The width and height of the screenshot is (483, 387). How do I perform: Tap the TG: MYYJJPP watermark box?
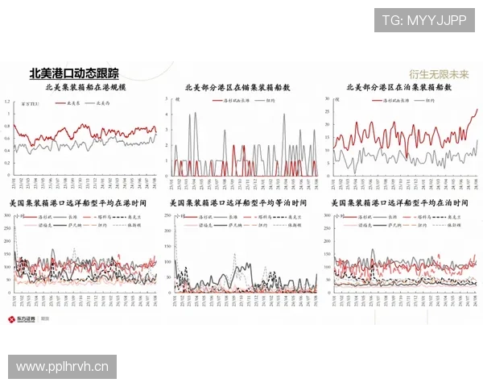pyautogui.click(x=423, y=19)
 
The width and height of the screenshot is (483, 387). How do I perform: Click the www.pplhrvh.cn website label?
pyautogui.click(x=64, y=367)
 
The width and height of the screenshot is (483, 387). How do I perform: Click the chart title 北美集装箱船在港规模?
pyautogui.click(x=86, y=86)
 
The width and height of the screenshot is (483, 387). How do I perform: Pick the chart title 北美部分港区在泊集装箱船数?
pyautogui.click(x=399, y=86)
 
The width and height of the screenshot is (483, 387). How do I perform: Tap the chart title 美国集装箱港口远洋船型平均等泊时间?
pyautogui.click(x=240, y=202)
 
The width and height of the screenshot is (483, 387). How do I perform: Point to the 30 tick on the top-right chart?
pyautogui.click(x=328, y=98)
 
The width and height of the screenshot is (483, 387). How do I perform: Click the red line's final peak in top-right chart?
pyautogui.click(x=477, y=110)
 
